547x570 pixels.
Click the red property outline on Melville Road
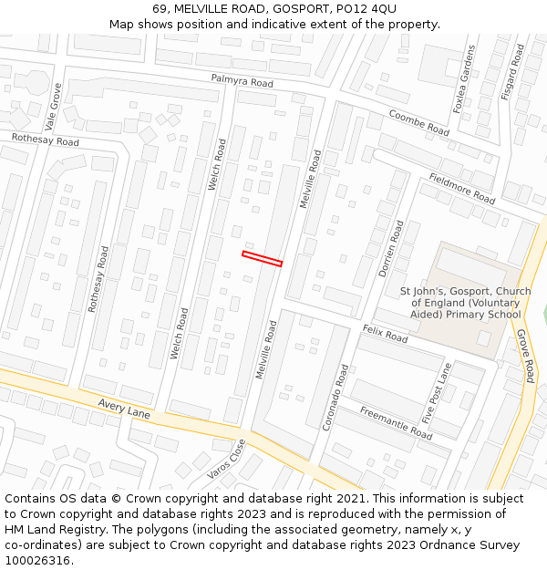262,258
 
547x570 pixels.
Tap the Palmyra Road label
242,82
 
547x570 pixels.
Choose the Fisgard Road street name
518,72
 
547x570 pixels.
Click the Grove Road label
525,356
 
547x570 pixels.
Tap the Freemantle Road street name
396,423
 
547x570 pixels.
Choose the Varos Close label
226,459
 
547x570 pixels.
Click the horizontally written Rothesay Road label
45,140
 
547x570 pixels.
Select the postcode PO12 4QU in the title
359,8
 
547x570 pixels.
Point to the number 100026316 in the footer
37,560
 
